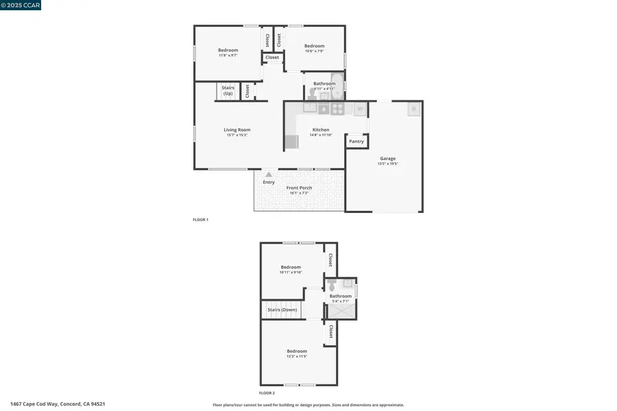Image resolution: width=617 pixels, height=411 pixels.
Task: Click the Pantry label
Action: [356, 141]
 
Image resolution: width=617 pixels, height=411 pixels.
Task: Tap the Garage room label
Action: [387, 158]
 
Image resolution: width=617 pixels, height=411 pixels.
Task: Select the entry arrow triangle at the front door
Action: [269, 175]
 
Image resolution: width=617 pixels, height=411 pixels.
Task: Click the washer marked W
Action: [360, 108]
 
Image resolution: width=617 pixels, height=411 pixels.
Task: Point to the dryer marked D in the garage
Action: [413, 108]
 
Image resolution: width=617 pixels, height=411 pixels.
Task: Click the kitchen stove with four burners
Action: [338, 108]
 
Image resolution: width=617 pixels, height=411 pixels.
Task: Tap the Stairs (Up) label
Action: [228, 90]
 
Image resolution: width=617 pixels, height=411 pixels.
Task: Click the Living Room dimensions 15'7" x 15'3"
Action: [237, 135]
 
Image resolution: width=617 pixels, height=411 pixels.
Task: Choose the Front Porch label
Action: [299, 188]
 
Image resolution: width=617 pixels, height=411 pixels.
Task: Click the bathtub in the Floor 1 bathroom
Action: [337, 85]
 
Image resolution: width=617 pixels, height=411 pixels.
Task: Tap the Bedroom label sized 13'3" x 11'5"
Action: [297, 351]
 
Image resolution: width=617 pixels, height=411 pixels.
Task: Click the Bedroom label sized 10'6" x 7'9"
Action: [315, 46]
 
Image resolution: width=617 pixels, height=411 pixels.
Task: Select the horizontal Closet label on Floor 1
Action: [272, 58]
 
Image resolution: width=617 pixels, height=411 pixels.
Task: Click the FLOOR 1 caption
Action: [200, 219]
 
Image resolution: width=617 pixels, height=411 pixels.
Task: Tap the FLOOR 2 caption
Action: [267, 393]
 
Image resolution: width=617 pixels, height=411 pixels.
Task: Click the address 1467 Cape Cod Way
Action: [58, 404]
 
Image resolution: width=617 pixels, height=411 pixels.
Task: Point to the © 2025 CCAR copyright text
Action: [21, 5]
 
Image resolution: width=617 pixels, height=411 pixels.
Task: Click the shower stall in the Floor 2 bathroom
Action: [341, 312]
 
